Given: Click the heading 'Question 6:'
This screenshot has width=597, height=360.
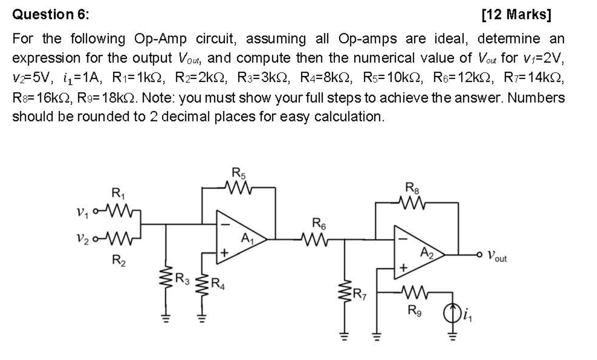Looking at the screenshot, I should coord(51,15).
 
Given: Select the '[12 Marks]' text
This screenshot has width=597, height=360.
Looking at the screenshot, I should coord(516,15).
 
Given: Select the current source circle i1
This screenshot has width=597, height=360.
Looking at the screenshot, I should coord(452,314).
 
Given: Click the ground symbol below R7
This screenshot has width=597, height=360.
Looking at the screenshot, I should coord(345,336).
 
